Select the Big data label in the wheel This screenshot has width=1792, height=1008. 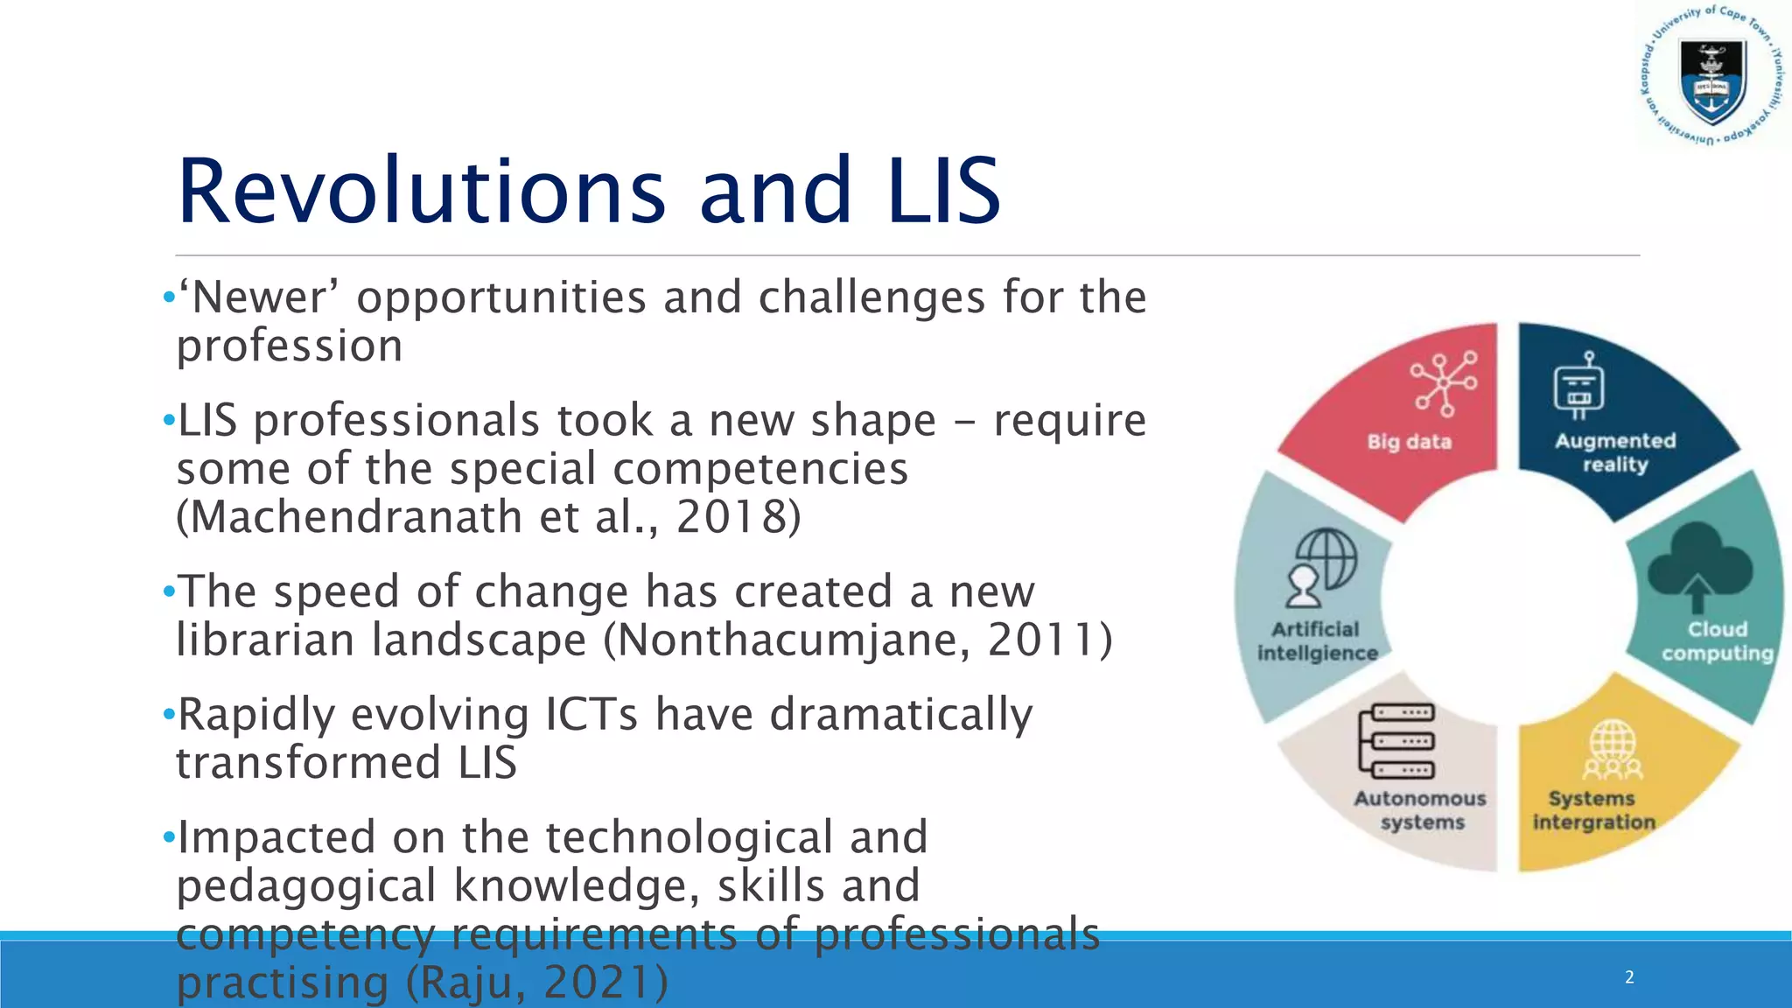1409,442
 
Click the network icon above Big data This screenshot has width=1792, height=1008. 1444,383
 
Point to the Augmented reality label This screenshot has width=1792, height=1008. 1615,452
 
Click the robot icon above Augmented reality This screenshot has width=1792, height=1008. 1579,386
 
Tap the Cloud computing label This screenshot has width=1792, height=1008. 1717,641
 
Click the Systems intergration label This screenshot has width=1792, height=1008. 1593,810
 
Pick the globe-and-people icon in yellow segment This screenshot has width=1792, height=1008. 1612,750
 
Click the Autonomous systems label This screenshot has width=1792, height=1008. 1421,810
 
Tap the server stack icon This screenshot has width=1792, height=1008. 1396,741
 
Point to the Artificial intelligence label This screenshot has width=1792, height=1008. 1317,641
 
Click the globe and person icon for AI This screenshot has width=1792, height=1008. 1321,567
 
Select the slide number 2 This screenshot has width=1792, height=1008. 1629,977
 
